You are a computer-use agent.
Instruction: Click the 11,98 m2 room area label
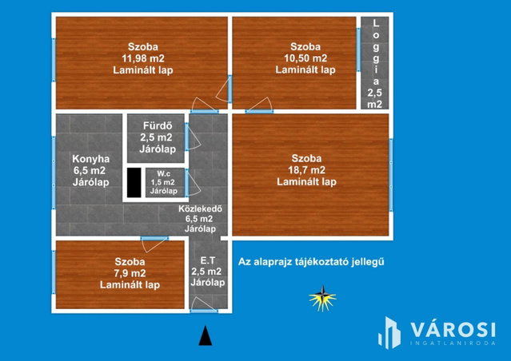[143, 58]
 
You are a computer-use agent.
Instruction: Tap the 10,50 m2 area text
[305, 58]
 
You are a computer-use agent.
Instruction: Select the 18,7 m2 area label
[306, 170]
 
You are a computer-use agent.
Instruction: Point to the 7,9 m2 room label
[130, 273]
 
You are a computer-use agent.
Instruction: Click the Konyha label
[90, 159]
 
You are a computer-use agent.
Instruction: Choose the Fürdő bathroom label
[158, 125]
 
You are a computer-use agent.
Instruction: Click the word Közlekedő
[200, 208]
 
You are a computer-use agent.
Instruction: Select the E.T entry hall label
[208, 260]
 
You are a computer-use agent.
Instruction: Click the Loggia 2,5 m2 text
[375, 64]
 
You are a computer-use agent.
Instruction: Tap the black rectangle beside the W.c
[134, 183]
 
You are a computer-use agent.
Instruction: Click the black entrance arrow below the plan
[206, 335]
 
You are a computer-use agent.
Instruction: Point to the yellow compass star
[322, 298]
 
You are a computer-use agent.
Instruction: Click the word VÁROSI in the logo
[453, 329]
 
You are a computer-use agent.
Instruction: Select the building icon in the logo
[389, 333]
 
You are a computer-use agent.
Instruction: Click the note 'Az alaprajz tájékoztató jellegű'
[311, 262]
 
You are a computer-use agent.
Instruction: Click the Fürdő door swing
[193, 137]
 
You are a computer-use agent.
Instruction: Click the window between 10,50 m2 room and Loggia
[358, 50]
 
